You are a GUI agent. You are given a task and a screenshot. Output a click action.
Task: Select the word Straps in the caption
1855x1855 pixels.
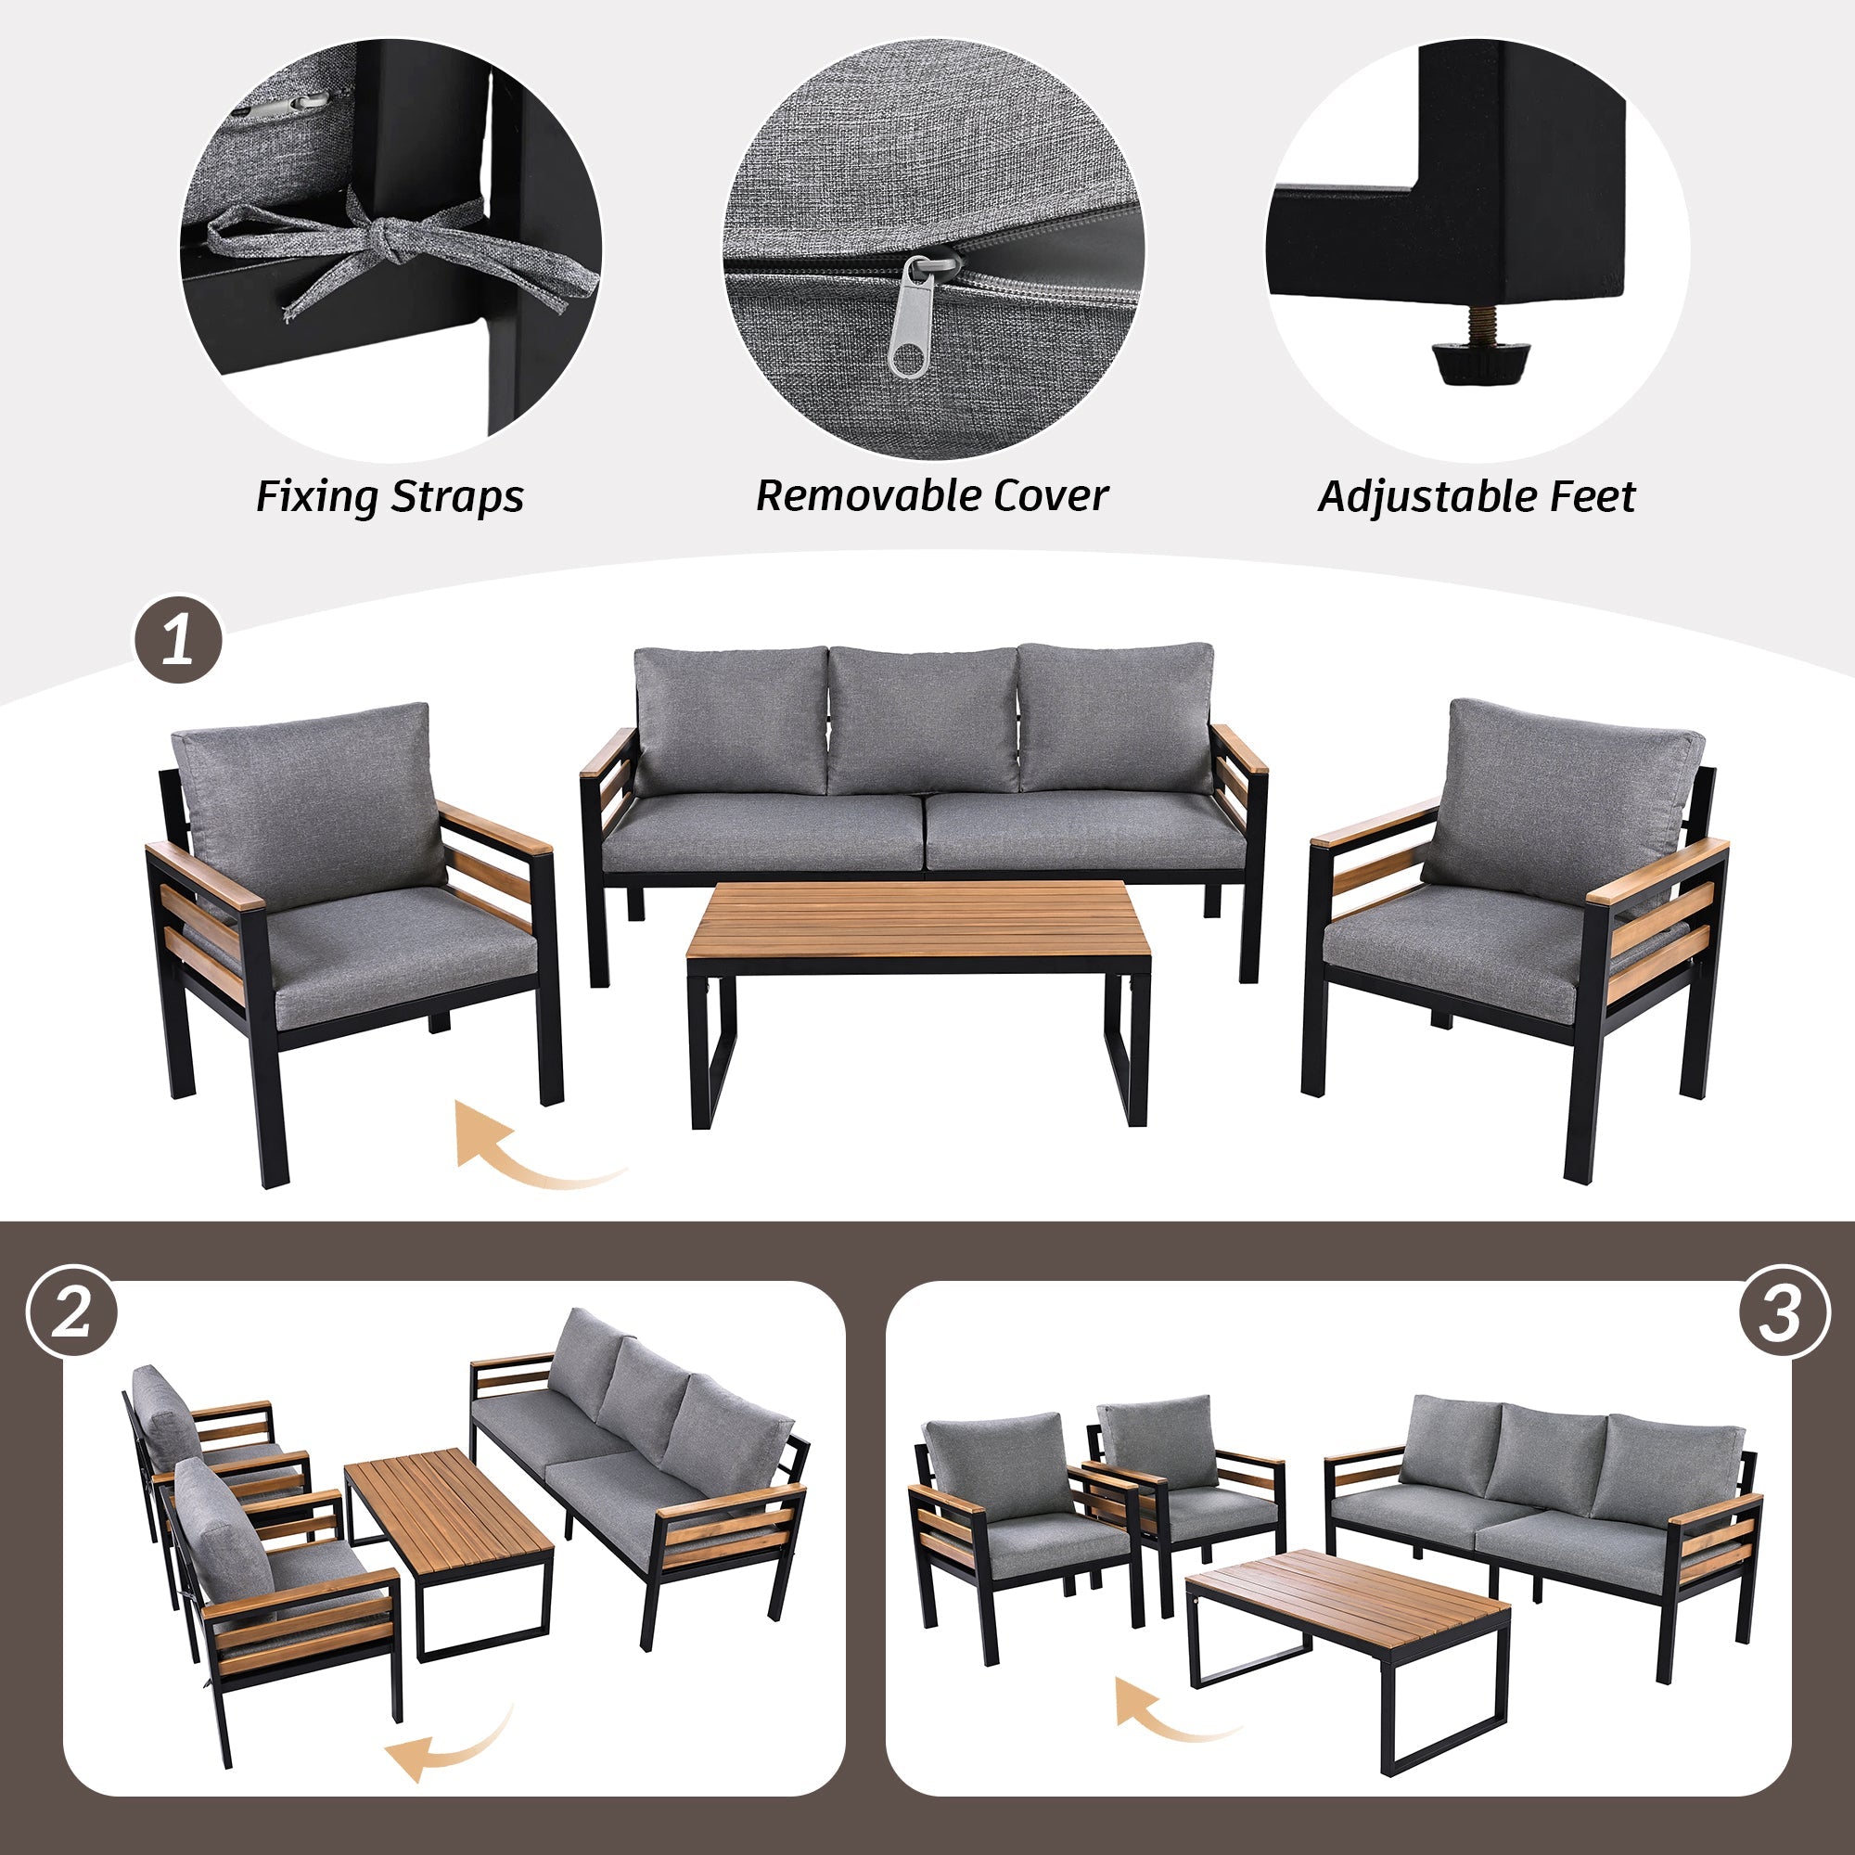click(x=458, y=497)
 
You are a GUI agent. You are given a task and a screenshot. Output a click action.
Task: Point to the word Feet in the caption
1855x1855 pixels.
click(x=1593, y=496)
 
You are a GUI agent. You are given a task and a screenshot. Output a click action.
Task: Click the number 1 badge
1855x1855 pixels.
click(x=179, y=640)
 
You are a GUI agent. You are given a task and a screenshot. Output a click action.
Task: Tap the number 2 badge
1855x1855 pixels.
click(x=72, y=1311)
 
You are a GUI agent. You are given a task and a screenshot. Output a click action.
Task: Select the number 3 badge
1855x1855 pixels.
click(x=1783, y=1311)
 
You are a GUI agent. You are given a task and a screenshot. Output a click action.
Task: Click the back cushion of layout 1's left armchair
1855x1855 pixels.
click(x=307, y=793)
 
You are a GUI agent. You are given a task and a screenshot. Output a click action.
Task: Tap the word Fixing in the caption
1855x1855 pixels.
click(x=318, y=497)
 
